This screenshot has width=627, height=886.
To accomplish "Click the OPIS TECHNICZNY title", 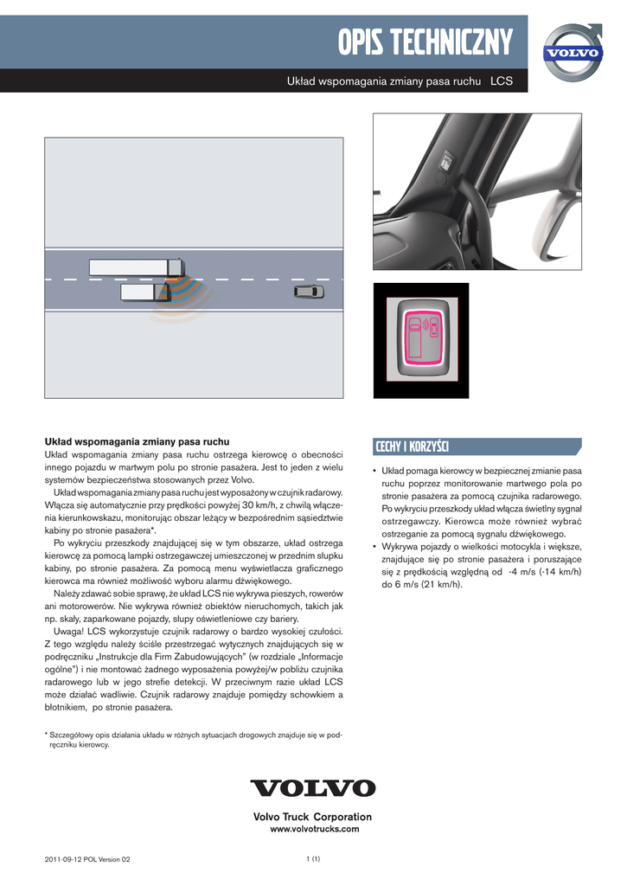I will [425, 41].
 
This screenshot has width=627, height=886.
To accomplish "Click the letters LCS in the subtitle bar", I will [502, 81].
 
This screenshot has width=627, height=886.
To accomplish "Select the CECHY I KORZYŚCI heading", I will [412, 446].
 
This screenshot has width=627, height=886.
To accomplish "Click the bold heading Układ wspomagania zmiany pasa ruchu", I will [137, 441].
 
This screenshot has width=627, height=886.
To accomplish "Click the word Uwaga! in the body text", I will [69, 631].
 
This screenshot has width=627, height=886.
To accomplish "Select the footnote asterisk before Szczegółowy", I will [47, 735].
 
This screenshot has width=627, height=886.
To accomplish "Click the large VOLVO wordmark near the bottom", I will [313, 788].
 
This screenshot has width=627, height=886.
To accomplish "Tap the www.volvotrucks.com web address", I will [314, 829].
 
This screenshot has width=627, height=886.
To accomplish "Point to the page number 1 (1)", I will [313, 858].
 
